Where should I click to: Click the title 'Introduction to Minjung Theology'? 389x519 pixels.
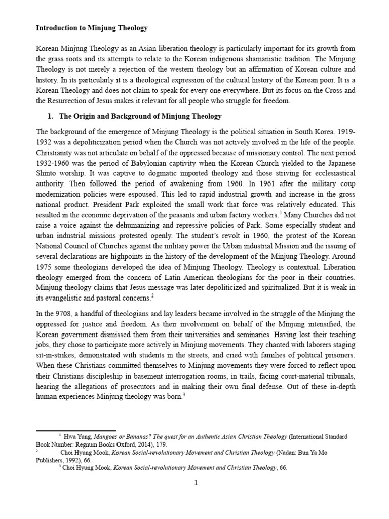pos(92,28)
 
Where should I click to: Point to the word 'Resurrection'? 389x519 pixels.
pos(61,101)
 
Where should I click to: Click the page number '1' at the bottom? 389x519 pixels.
pos(195,483)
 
